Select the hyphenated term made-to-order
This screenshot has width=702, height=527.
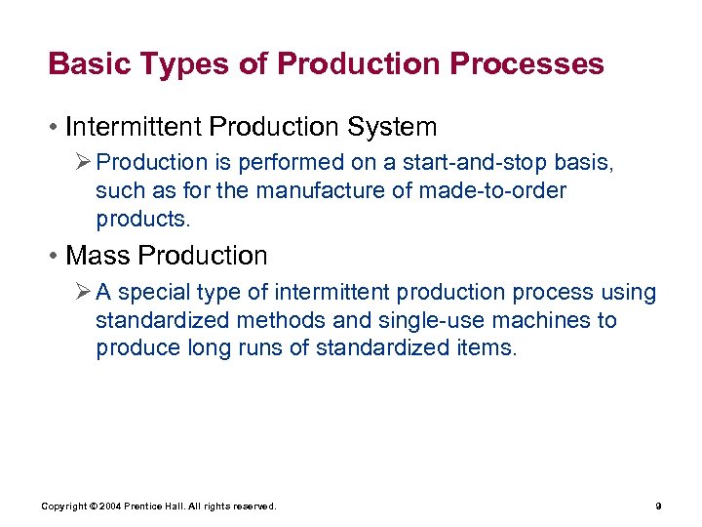coord(492,189)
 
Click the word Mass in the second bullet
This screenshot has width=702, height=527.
coord(97,256)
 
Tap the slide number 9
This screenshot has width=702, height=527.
coord(659,507)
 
